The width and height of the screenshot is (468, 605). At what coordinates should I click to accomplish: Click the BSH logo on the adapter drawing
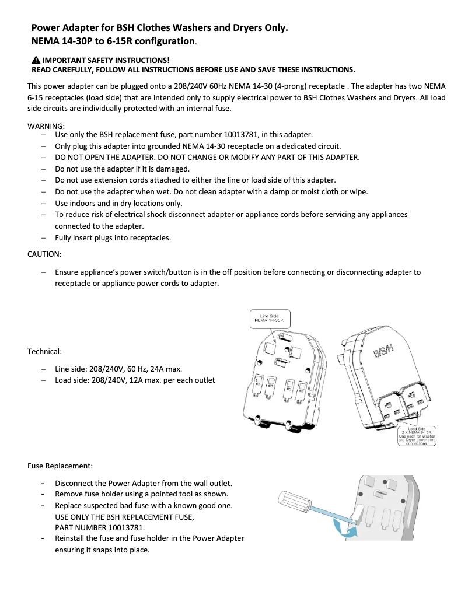[x=383, y=351]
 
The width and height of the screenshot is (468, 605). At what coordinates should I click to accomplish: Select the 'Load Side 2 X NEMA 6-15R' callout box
[x=417, y=435]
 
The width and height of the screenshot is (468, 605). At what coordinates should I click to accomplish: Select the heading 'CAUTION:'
[x=44, y=254]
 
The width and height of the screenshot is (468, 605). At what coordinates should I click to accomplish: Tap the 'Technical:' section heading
[x=44, y=351]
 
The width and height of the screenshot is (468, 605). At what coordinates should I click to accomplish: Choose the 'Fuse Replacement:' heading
[x=60, y=466]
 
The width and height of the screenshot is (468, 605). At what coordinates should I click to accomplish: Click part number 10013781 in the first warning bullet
[x=257, y=135]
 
